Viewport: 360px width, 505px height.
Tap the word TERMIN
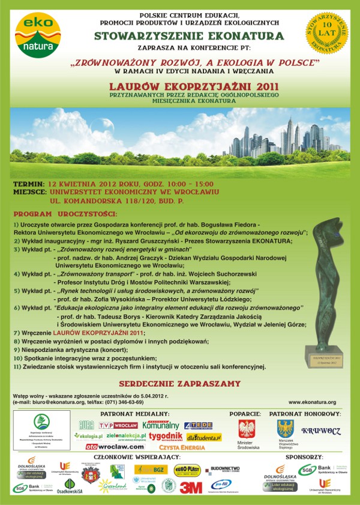(x=28, y=184)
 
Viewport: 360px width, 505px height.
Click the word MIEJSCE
(x=30, y=192)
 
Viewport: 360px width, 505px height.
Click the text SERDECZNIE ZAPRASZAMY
(x=180, y=383)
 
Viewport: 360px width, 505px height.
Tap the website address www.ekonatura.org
(x=312, y=402)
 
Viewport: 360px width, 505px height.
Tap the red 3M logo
(x=191, y=487)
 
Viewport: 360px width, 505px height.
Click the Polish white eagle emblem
(x=246, y=429)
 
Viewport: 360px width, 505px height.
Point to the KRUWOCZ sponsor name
(x=321, y=431)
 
